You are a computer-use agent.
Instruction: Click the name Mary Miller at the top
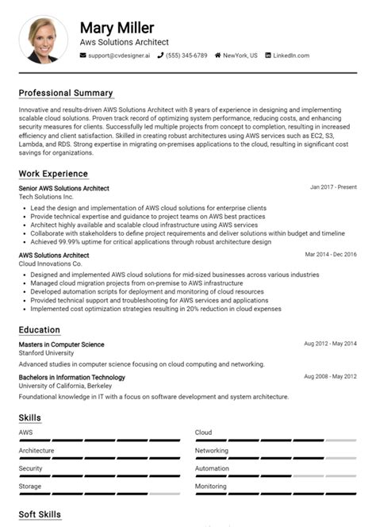coord(117,28)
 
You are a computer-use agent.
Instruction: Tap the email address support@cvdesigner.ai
coord(118,56)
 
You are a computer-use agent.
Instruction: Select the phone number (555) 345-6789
coord(186,56)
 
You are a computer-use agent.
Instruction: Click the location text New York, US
coord(240,56)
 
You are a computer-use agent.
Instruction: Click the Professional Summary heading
coord(66,93)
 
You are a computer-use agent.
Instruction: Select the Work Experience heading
coord(53,174)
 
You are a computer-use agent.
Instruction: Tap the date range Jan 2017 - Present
coord(333,187)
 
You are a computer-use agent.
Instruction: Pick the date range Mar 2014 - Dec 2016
coord(331,255)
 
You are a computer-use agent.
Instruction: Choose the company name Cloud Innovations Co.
coord(51,263)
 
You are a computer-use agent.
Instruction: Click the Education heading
coord(40,329)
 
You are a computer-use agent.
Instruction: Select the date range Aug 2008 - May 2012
coord(330,376)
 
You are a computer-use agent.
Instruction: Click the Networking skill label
coord(212,450)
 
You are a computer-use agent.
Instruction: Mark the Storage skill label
coord(30,486)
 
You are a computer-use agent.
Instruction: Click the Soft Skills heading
coord(40,515)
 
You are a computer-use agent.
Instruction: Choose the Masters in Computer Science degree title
coord(61,344)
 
